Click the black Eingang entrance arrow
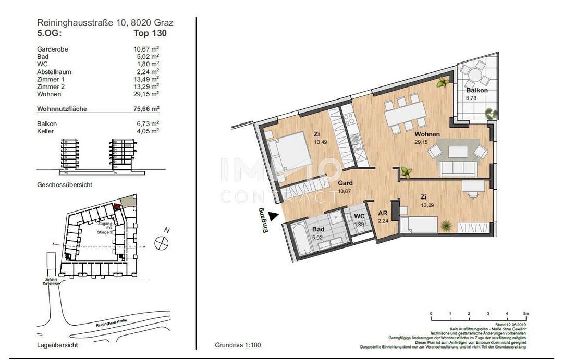click(x=276, y=214)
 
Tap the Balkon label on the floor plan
click(x=477, y=90)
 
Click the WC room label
click(x=359, y=216)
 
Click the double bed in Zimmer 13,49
click(x=288, y=152)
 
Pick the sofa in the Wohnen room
click(x=458, y=168)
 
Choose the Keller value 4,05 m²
click(x=149, y=131)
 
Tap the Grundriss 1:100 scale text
click(x=238, y=345)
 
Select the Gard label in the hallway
click(x=345, y=183)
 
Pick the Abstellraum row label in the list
click(x=54, y=72)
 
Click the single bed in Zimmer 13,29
click(x=418, y=225)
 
